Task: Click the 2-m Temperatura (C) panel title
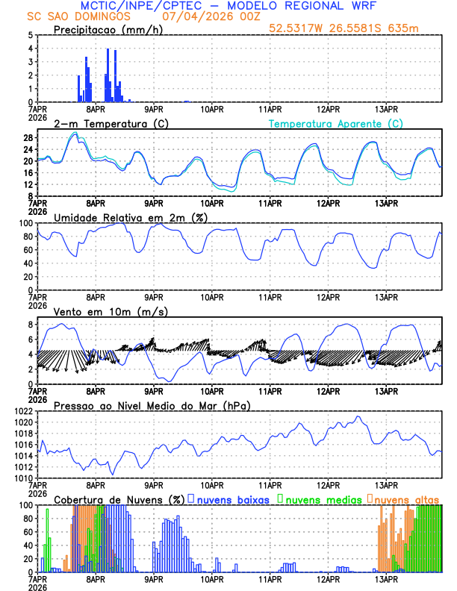click(x=111, y=123)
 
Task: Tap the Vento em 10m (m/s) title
click(x=111, y=311)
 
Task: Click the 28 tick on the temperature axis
click(x=27, y=138)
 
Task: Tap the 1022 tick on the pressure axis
click(x=23, y=411)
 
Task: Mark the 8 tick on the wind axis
click(x=30, y=325)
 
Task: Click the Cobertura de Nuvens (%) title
click(x=119, y=498)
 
